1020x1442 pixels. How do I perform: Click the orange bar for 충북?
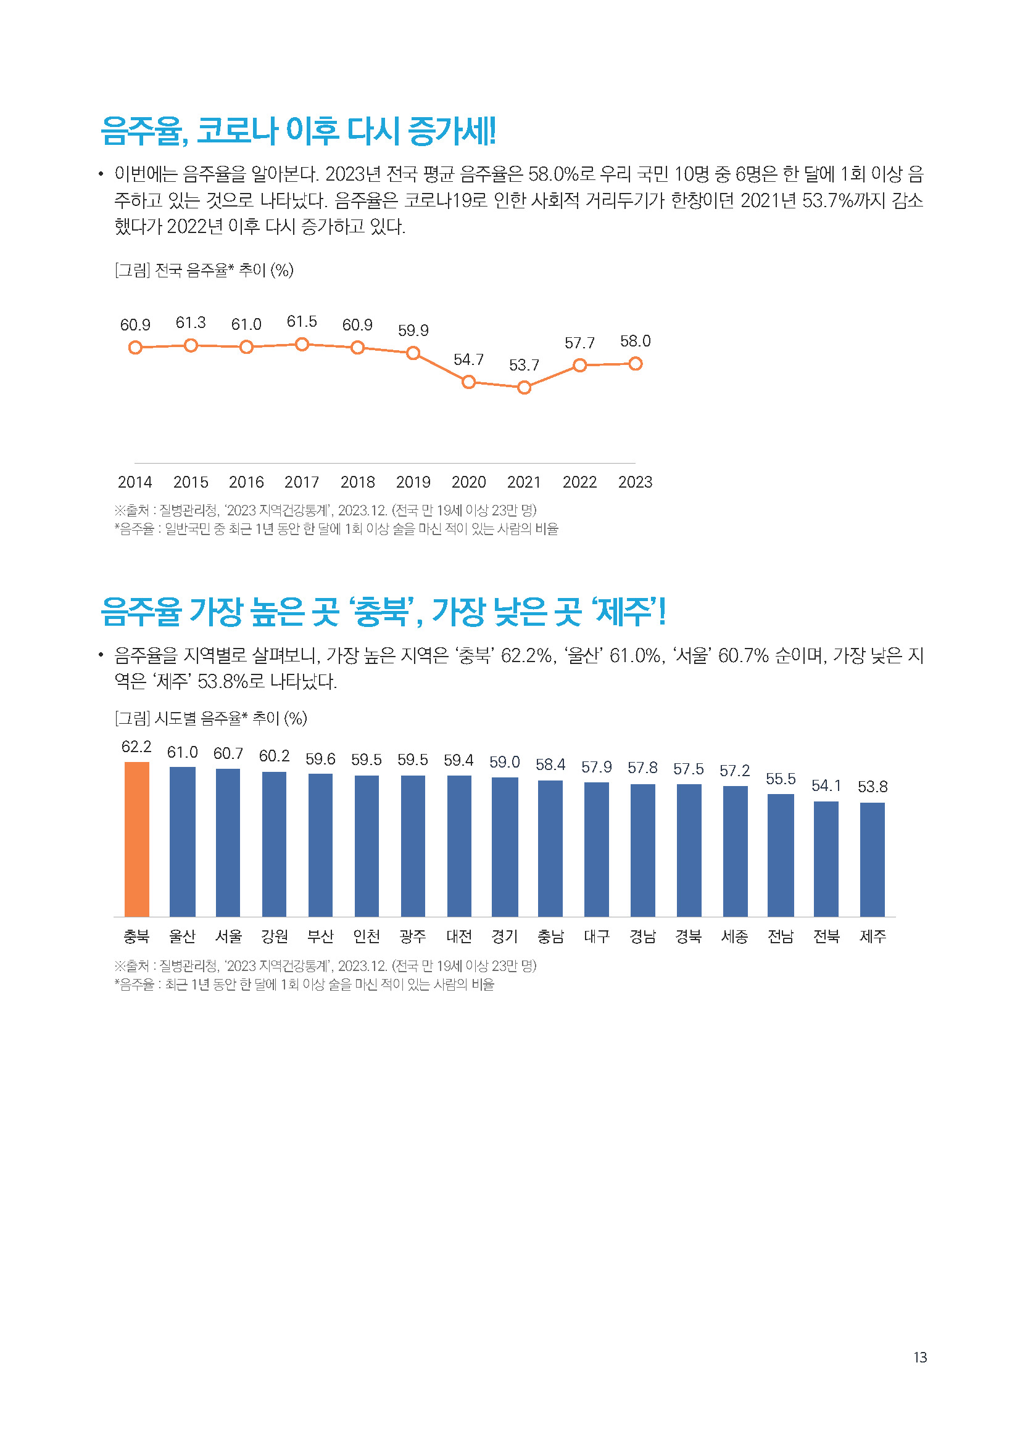pyautogui.click(x=136, y=839)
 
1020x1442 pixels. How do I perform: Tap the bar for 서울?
pyautogui.click(x=228, y=842)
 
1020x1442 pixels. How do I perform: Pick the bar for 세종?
pyautogui.click(x=735, y=851)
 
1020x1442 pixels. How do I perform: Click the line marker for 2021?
pyautogui.click(x=524, y=388)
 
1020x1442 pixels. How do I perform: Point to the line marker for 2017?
pyautogui.click(x=302, y=344)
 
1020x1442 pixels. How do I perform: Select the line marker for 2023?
pyautogui.click(x=635, y=364)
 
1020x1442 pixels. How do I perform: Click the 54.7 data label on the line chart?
pyautogui.click(x=468, y=360)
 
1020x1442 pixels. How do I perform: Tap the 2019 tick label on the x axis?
pyautogui.click(x=413, y=482)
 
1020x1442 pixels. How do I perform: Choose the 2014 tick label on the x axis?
pyautogui.click(x=135, y=482)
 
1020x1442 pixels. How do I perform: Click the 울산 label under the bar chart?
pyautogui.click(x=182, y=936)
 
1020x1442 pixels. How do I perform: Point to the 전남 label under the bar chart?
pyautogui.click(x=781, y=936)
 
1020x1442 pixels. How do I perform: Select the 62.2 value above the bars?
pyautogui.click(x=136, y=747)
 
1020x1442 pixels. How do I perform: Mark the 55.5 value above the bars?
pyautogui.click(x=781, y=779)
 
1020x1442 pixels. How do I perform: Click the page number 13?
pyautogui.click(x=920, y=1358)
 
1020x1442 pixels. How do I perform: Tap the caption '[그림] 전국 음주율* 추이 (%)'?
pyautogui.click(x=204, y=271)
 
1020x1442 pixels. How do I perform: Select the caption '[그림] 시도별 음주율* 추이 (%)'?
pyautogui.click(x=210, y=718)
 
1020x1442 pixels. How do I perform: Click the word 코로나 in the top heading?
pyautogui.click(x=237, y=131)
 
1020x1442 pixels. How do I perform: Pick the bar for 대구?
pyautogui.click(x=597, y=849)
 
